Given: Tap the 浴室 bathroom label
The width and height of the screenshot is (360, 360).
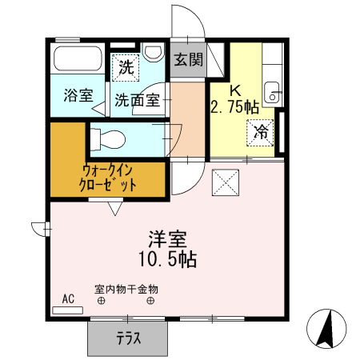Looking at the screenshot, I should (78, 94).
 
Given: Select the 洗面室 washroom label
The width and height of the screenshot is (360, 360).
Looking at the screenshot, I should (137, 101).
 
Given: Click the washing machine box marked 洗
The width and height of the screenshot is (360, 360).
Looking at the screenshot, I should (125, 68).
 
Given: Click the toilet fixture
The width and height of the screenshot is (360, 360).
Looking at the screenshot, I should (107, 139).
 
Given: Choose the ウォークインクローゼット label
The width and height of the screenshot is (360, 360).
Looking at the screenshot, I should (108, 177).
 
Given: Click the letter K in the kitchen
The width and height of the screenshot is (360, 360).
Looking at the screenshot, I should (236, 90).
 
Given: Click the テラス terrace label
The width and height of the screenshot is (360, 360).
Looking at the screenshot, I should (128, 338).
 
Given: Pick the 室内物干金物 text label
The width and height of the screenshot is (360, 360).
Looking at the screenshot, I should (126, 287).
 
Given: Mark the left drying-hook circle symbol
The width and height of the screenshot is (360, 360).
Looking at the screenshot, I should (102, 301).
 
